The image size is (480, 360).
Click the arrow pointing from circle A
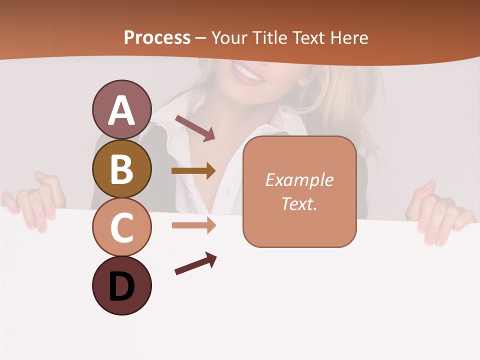click(195, 128)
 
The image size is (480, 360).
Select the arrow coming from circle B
click(193, 171)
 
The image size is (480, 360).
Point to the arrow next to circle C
click(193, 225)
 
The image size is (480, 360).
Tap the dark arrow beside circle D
click(195, 263)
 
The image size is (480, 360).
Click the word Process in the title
click(157, 37)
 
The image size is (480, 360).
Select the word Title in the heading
click(270, 37)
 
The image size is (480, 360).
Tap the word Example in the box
click(299, 180)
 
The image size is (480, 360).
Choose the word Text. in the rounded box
click(299, 203)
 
